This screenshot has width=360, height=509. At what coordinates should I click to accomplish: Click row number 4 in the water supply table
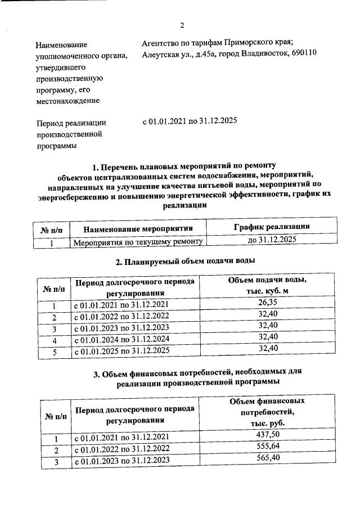[55, 341]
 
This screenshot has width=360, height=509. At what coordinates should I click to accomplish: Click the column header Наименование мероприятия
[138, 229]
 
